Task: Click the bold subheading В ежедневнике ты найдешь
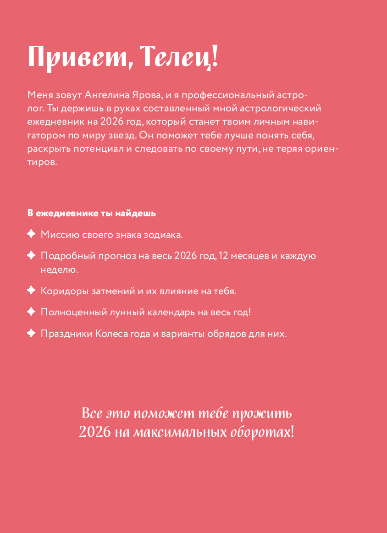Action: tap(92, 214)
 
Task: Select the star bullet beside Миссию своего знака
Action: tap(31, 234)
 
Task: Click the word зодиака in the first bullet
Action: tap(166, 235)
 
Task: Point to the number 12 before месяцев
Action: tap(224, 256)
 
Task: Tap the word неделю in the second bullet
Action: tap(59, 269)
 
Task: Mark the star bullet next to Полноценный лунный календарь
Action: tap(31, 312)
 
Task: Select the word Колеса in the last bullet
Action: tap(111, 334)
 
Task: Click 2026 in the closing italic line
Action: tap(95, 432)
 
